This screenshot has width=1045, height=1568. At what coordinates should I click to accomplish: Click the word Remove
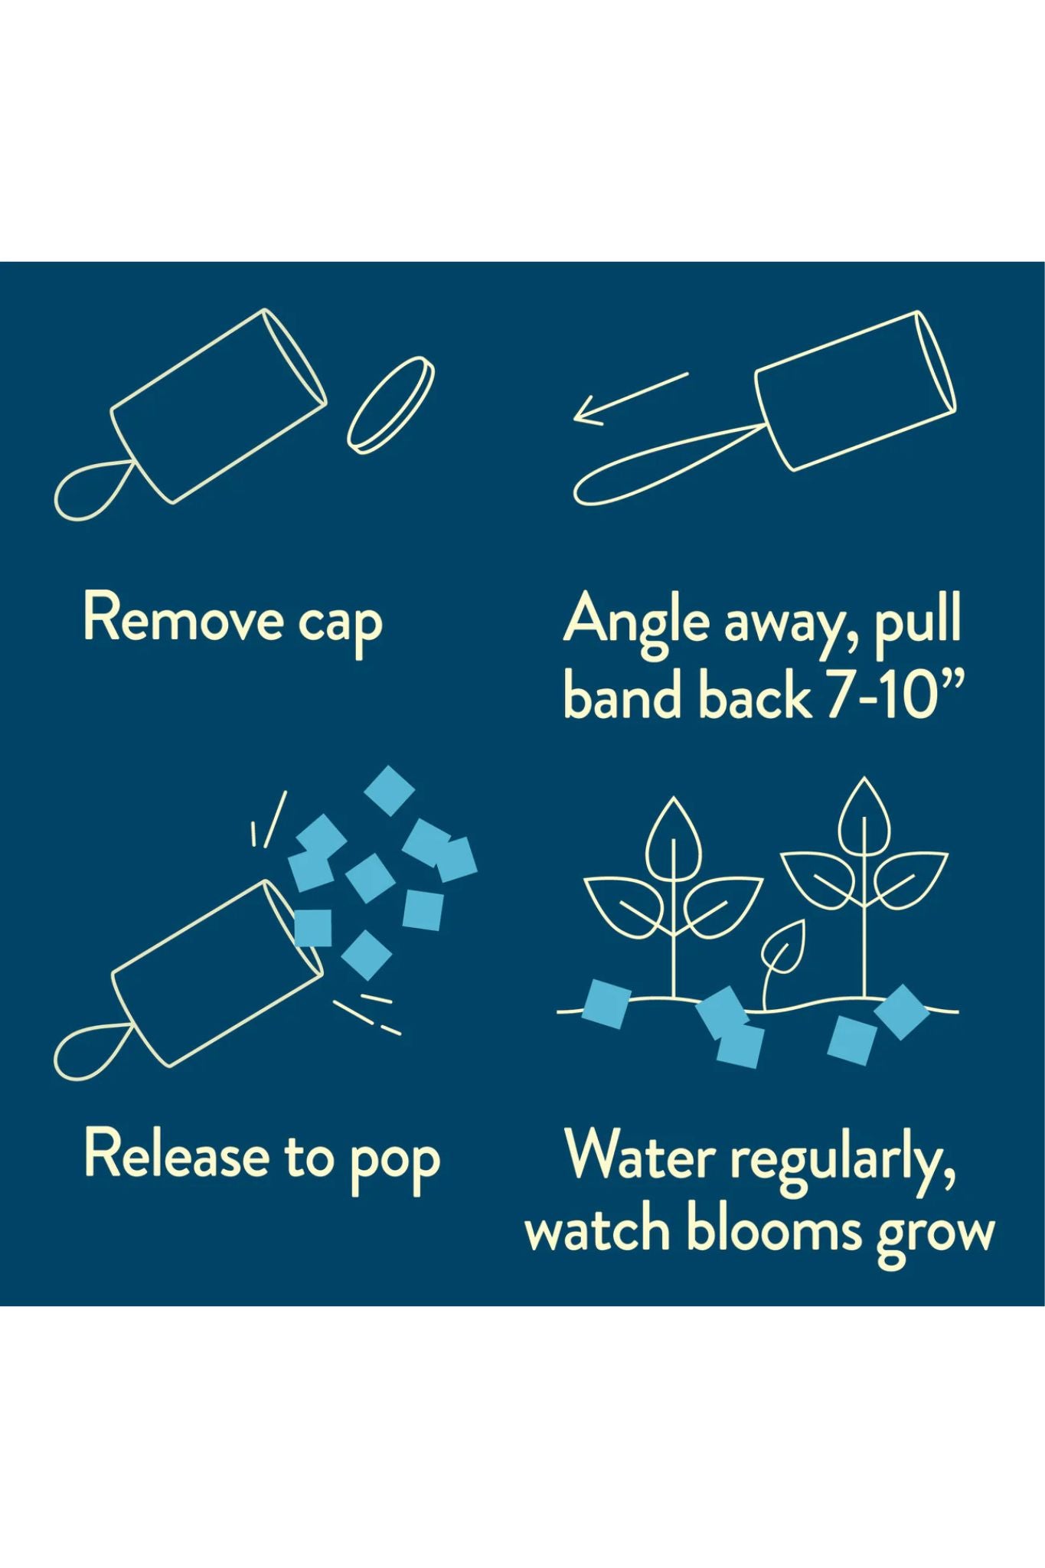(x=183, y=618)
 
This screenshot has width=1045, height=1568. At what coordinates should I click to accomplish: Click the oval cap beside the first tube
(x=390, y=404)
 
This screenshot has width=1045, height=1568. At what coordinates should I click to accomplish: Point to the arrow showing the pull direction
(x=631, y=397)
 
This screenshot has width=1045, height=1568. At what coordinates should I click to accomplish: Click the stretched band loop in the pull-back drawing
(x=667, y=467)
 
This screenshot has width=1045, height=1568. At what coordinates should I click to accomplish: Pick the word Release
(x=176, y=1154)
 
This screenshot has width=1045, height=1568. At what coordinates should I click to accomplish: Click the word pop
(x=395, y=1162)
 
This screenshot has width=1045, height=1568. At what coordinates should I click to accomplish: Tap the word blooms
(x=774, y=1230)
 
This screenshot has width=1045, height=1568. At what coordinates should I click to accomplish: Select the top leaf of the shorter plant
(x=674, y=835)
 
